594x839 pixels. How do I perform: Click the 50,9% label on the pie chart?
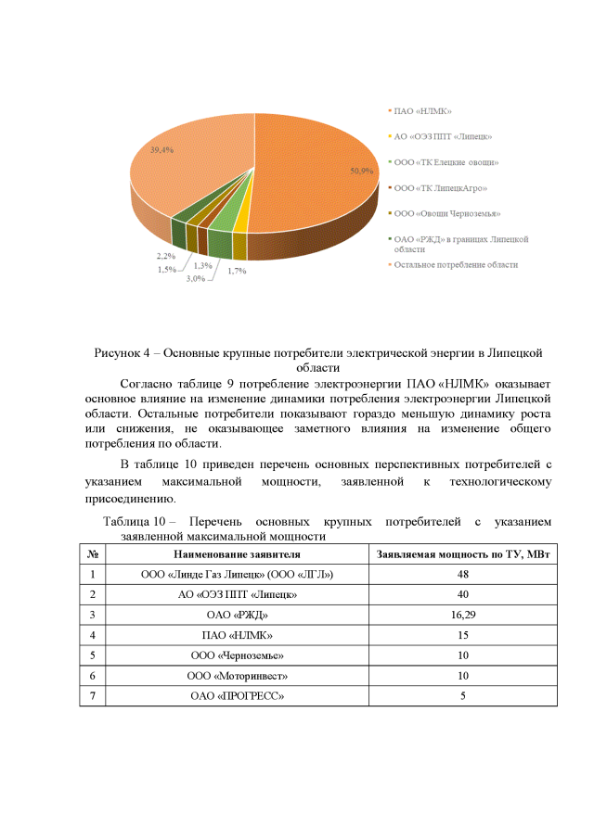(x=361, y=171)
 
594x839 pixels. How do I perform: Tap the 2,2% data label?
(x=167, y=256)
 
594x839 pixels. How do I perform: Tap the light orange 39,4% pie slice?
(x=186, y=181)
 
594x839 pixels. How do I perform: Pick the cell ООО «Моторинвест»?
(x=237, y=676)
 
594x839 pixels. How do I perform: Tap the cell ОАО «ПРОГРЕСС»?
(x=237, y=696)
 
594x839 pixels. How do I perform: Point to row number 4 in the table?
(x=93, y=635)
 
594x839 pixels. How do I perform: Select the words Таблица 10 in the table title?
(x=134, y=522)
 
